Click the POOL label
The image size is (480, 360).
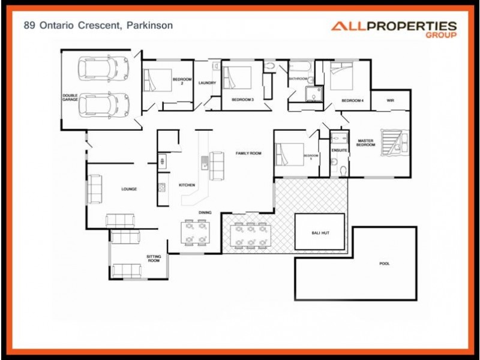384,263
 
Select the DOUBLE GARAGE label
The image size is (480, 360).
70,97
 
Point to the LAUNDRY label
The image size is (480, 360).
207,83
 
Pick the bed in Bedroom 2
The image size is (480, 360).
156,80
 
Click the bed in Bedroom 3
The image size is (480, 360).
237,78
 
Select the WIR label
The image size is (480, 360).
390,100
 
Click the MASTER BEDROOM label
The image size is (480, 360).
365,143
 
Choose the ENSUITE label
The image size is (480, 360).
339,150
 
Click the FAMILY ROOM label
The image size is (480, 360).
248,154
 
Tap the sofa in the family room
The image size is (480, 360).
216,165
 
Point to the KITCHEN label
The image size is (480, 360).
187,185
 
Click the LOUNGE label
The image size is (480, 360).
129,189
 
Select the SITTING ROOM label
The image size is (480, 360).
154,259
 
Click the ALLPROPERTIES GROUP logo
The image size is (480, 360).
394,29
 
